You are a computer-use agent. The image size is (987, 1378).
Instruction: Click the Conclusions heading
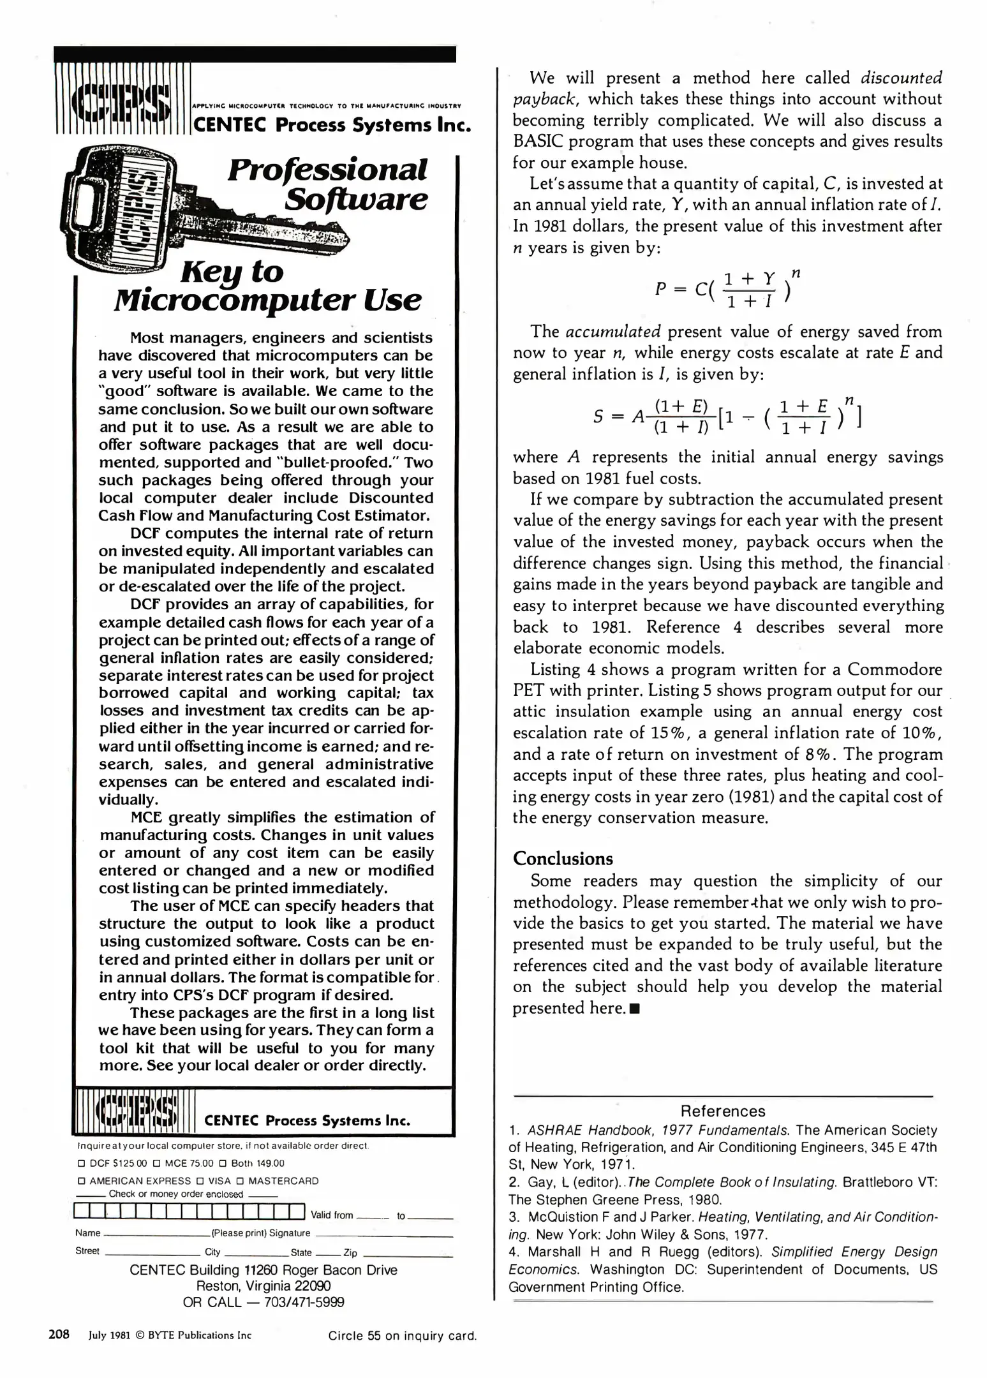562,859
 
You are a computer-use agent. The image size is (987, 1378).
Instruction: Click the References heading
722,1111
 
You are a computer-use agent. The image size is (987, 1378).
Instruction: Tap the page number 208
59,1334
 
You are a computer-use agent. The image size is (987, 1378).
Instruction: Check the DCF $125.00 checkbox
81,1163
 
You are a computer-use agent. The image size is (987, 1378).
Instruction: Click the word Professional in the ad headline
327,170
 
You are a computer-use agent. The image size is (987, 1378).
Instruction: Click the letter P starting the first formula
660,289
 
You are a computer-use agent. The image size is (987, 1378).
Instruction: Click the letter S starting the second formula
597,417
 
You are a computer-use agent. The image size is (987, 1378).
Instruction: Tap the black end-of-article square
634,1009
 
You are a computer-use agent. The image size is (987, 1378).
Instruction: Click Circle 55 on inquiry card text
402,1335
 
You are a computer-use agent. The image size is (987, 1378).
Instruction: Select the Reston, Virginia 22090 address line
263,1285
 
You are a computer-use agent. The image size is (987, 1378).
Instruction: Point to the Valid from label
331,1215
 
